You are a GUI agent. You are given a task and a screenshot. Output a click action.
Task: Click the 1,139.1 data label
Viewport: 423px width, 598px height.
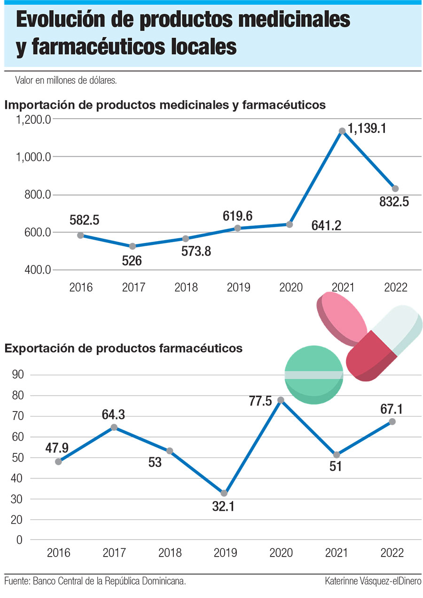(367, 129)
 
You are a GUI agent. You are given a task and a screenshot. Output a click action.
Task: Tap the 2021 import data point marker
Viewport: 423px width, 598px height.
(342, 131)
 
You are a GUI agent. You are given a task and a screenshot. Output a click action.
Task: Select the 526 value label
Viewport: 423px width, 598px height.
(132, 260)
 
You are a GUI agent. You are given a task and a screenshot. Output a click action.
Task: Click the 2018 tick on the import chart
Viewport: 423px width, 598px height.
(186, 288)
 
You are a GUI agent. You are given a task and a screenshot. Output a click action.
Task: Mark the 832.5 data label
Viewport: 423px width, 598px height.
(393, 202)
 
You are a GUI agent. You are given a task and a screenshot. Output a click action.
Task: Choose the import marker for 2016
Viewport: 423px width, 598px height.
(80, 235)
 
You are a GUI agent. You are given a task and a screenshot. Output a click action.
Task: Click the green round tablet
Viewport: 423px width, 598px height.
(314, 376)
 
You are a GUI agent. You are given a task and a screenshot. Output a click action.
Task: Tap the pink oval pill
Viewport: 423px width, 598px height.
(342, 317)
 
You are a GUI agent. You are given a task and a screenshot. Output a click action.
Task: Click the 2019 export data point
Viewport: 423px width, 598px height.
(224, 493)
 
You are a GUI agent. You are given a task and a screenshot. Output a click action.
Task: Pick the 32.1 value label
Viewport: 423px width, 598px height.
(224, 508)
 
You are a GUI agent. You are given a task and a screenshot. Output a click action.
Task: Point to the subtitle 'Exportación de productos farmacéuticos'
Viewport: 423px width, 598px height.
(123, 348)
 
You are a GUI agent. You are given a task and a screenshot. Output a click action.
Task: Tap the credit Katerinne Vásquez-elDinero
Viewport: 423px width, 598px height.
(373, 582)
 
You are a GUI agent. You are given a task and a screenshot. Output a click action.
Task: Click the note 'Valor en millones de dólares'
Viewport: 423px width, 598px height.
(66, 81)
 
